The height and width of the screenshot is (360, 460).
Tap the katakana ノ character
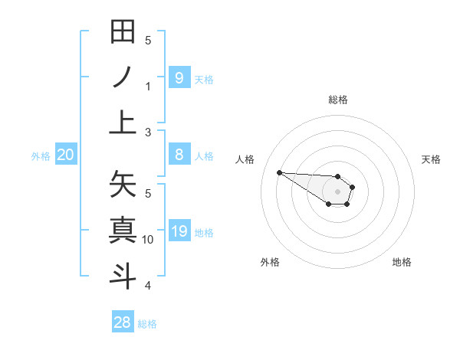pyautogui.click(x=123, y=77)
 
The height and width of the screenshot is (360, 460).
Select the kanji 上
pyautogui.click(x=123, y=122)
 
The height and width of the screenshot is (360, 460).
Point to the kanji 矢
pyautogui.click(x=123, y=185)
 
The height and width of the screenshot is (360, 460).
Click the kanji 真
pyautogui.click(x=123, y=230)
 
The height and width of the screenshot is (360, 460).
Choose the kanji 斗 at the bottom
pyautogui.click(x=123, y=275)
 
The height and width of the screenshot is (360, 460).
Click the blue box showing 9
pyautogui.click(x=179, y=77)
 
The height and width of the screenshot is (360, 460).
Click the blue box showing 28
pyautogui.click(x=123, y=322)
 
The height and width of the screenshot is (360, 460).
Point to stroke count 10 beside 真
pyautogui.click(x=148, y=240)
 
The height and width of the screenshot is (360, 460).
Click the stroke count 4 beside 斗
pyautogui.click(x=148, y=286)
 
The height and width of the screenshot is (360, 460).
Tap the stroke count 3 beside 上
pyautogui.click(x=148, y=133)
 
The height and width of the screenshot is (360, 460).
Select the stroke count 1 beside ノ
pyautogui.click(x=148, y=87)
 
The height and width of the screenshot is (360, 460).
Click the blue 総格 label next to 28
pyautogui.click(x=147, y=324)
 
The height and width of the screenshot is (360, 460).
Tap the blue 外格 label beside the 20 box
pyautogui.click(x=41, y=156)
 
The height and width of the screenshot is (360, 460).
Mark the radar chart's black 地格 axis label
pyautogui.click(x=402, y=262)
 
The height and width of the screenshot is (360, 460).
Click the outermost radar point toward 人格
pyautogui.click(x=279, y=172)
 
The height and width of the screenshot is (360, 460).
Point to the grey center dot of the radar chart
pyautogui.click(x=337, y=191)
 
